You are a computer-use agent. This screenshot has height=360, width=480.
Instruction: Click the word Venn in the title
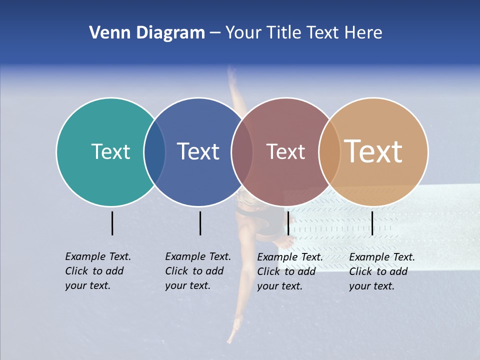click(x=105, y=33)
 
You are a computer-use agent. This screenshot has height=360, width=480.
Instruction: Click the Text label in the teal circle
click(x=110, y=151)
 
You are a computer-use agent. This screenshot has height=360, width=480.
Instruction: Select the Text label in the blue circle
click(x=198, y=151)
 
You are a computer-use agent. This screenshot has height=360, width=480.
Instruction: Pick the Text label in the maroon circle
click(x=285, y=151)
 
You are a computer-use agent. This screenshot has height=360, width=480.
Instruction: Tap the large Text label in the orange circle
click(x=373, y=151)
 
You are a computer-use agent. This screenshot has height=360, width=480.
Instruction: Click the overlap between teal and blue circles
click(x=154, y=152)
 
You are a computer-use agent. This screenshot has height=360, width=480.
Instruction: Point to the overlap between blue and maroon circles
click(x=242, y=152)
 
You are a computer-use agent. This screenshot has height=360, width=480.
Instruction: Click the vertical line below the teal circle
click(x=112, y=223)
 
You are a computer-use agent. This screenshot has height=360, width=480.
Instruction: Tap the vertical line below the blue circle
click(x=200, y=223)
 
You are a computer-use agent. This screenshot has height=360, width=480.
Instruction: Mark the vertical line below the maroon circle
click(x=288, y=223)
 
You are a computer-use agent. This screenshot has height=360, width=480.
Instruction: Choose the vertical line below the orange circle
click(x=372, y=223)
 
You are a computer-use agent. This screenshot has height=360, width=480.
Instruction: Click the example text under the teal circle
click(x=97, y=271)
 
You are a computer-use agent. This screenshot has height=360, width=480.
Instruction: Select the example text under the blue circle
click(x=197, y=271)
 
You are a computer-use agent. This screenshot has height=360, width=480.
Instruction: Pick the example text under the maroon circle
click(x=289, y=271)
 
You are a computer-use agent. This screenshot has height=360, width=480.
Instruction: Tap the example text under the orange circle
click(x=381, y=271)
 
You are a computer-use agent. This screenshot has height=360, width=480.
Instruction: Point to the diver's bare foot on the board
click(x=286, y=242)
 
